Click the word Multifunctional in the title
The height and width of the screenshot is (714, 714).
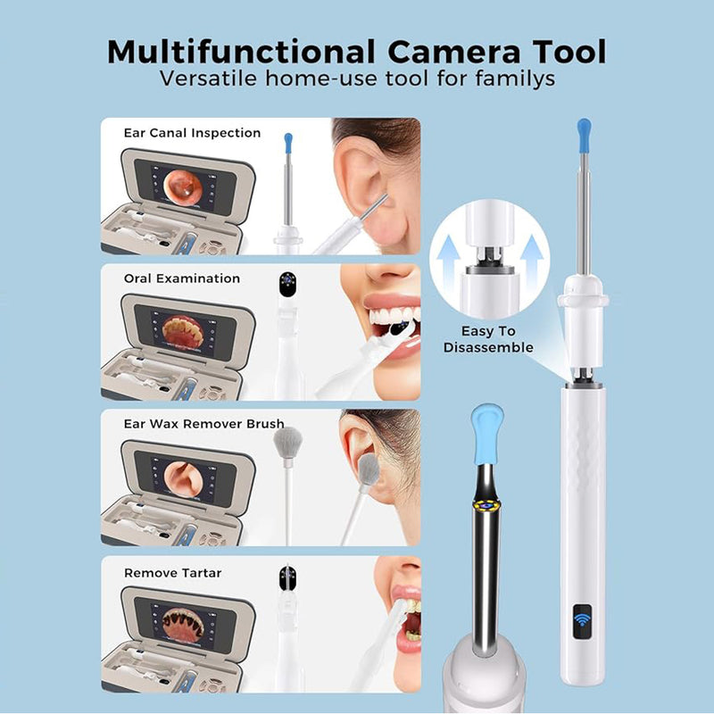click(241, 52)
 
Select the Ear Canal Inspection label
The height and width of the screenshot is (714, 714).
click(192, 133)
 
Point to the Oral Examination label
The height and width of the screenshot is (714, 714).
click(182, 278)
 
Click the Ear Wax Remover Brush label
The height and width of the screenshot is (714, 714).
click(204, 424)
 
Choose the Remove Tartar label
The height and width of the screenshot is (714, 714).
click(172, 573)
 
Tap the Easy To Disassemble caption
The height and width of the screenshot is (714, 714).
click(488, 339)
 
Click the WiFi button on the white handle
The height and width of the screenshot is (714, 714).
click(583, 621)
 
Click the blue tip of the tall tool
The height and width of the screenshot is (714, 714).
click(584, 136)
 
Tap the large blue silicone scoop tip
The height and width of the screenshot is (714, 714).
click(486, 434)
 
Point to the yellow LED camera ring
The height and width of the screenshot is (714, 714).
click(486, 504)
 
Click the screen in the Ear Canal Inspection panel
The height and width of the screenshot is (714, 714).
click(186, 187)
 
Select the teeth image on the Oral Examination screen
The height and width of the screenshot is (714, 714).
click(183, 332)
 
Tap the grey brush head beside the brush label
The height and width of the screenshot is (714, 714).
click(287, 443)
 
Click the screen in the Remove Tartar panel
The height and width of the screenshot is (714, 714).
click(186, 624)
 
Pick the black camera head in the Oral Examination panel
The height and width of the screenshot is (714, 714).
click(287, 285)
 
